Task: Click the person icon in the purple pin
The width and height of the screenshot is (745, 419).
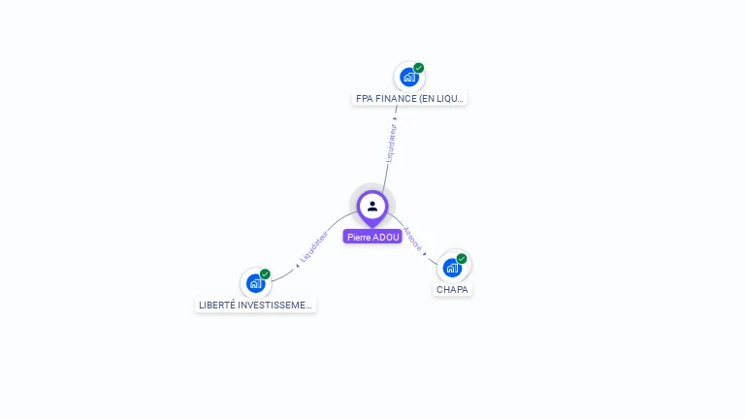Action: click(372, 206)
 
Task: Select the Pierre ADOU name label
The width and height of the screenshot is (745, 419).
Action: click(372, 237)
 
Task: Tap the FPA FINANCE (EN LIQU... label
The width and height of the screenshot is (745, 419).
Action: click(409, 98)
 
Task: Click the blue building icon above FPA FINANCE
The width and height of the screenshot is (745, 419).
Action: click(408, 77)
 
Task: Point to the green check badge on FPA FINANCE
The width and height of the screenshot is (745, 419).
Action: click(419, 68)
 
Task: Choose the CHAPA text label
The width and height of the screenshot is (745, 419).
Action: click(452, 289)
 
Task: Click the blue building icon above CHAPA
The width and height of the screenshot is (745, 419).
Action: click(451, 268)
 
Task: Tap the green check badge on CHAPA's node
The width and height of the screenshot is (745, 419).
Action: click(462, 259)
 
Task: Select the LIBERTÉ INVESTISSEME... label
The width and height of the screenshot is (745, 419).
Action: click(256, 305)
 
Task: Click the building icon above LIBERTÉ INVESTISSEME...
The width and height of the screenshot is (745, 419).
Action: click(254, 283)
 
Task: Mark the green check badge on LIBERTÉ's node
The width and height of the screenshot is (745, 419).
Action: click(265, 274)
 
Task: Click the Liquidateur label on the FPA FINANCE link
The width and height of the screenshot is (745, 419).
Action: click(391, 142)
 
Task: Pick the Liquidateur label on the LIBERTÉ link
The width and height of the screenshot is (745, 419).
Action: click(314, 247)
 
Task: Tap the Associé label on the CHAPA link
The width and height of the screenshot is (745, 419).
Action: click(412, 239)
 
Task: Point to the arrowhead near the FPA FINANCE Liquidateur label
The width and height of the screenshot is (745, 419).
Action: click(395, 119)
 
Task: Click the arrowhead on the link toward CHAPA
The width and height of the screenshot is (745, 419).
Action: click(425, 254)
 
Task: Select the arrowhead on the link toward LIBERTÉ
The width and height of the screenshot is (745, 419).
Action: click(297, 263)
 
